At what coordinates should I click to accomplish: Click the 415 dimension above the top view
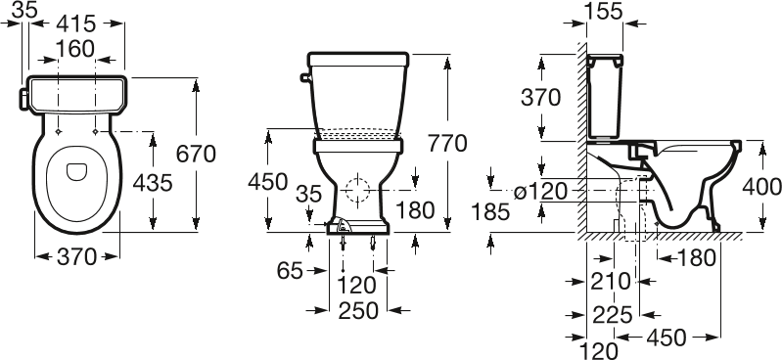(x=75, y=23)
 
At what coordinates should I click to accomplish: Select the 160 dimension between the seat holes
(x=74, y=49)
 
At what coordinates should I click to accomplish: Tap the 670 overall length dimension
(x=196, y=154)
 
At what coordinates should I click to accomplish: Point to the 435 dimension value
(x=153, y=183)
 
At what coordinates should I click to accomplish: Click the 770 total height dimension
(x=447, y=144)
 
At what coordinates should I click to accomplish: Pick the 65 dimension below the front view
(x=290, y=271)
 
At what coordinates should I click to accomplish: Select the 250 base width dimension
(x=358, y=311)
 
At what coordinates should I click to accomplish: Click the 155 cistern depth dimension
(x=604, y=11)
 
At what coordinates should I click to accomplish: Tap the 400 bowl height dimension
(x=762, y=187)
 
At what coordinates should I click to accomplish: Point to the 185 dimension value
(x=490, y=212)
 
